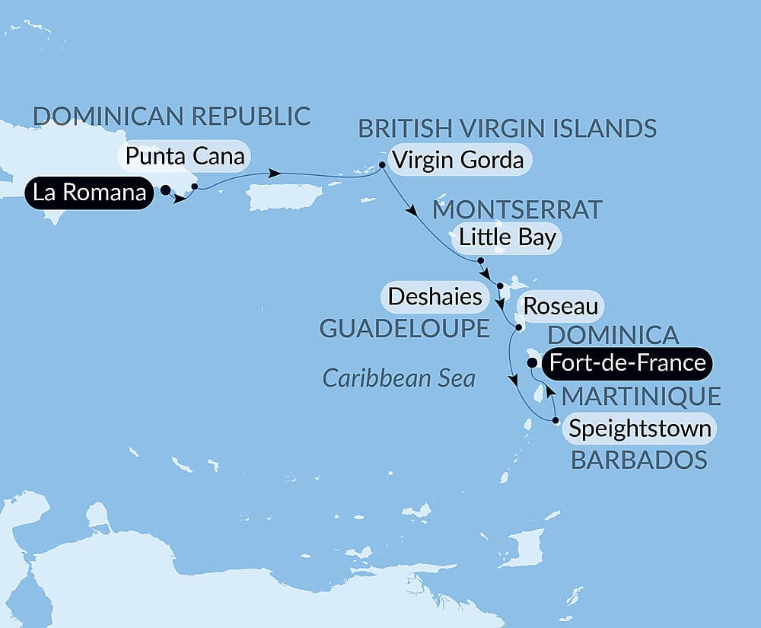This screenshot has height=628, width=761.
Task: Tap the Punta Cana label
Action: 186,158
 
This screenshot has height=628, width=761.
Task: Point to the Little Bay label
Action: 506,237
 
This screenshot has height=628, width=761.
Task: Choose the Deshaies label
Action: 435,296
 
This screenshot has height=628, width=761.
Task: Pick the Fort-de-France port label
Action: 627,362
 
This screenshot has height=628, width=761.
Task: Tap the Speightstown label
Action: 640,429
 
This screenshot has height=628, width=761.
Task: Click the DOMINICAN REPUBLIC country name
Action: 172,116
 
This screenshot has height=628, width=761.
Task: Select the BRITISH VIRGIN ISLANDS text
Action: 508,128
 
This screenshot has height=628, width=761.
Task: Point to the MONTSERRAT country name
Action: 517,208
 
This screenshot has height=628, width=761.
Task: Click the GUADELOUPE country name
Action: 403,328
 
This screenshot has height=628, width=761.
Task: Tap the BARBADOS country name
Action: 638,460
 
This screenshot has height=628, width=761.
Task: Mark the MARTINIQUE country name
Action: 641,396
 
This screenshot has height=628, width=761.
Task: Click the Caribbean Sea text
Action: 399,378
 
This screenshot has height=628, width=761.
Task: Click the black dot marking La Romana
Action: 165,192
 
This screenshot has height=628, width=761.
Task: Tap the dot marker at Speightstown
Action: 556,420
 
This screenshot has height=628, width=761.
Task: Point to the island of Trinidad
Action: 531,546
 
